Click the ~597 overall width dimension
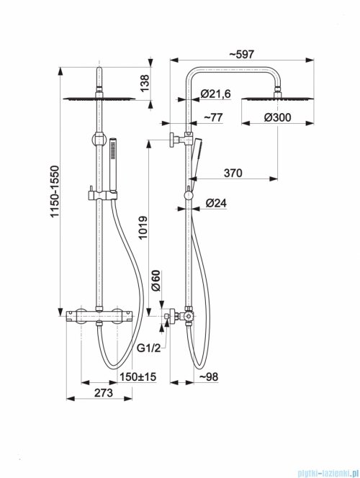tap(241, 54)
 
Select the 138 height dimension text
tap(145, 84)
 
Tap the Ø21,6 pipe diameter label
tap(216, 94)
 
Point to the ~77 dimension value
tap(213, 117)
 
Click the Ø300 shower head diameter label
tap(277, 117)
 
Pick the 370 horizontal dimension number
tap(233, 173)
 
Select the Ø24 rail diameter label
tap(216, 203)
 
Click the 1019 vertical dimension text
tap(143, 228)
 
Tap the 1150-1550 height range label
tap(55, 191)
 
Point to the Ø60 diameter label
tap(156, 281)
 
